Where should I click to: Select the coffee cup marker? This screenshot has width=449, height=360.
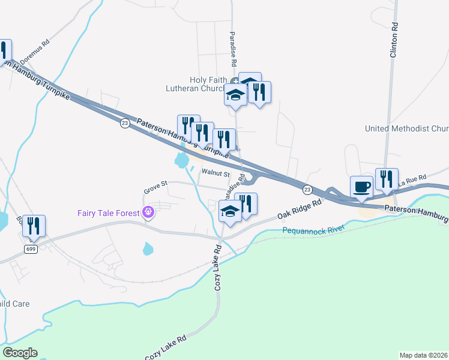coord(361,187)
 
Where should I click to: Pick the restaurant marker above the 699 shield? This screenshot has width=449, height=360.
coord(34,226)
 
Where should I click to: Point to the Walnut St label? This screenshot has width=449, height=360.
coord(216,173)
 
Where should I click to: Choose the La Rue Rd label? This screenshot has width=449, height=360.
coord(412,179)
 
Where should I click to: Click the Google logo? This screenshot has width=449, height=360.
coord(20,353)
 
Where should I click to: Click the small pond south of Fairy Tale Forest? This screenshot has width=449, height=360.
coord(148,248)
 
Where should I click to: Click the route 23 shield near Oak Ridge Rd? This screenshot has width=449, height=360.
coord(307,189)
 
